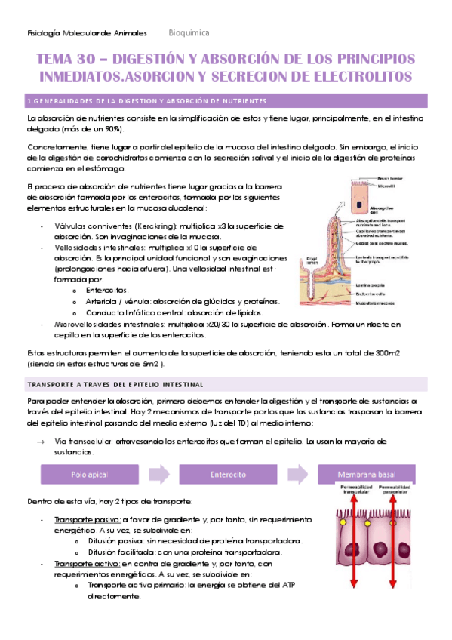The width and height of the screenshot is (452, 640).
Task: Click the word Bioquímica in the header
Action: pyautogui.click(x=189, y=33)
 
